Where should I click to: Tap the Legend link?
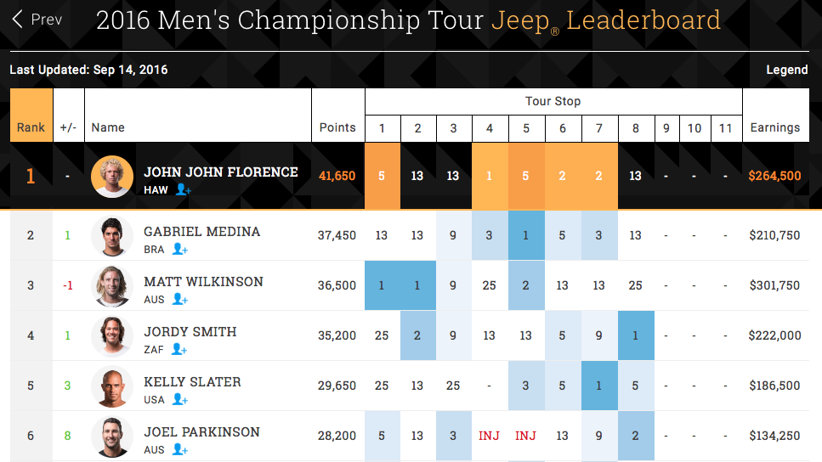click(786, 70)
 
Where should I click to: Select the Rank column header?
click(31, 127)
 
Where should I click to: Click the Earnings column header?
click(774, 127)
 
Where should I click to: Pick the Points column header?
click(337, 127)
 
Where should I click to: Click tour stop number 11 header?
click(724, 128)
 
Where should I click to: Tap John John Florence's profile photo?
click(112, 177)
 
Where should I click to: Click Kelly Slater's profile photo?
click(112, 386)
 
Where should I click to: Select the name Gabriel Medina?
click(201, 231)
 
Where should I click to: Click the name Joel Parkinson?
click(201, 431)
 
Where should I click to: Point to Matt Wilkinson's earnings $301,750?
click(774, 285)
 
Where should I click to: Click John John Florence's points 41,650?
click(337, 177)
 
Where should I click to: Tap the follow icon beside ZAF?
click(179, 348)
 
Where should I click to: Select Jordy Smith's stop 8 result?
click(636, 335)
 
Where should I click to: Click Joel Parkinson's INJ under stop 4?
click(489, 436)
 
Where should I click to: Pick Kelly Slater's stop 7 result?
click(599, 386)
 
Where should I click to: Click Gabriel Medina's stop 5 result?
click(526, 235)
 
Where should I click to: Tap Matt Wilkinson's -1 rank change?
click(68, 285)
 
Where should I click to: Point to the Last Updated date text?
click(88, 70)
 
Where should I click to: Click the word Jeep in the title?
click(520, 20)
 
